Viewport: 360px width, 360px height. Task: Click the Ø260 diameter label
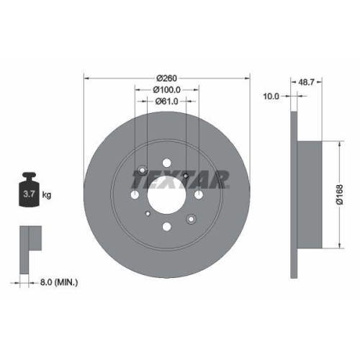166,78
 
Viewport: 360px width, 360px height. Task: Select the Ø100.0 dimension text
167,90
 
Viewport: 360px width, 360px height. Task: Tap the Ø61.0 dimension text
166,102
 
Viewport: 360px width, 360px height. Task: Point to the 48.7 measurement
306,82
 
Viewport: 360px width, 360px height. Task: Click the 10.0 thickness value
271,96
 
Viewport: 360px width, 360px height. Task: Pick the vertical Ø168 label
339,194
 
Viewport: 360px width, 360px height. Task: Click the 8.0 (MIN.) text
59,282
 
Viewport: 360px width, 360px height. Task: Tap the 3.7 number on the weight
30,194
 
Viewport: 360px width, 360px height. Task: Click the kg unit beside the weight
47,194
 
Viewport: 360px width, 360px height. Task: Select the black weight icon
29,189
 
